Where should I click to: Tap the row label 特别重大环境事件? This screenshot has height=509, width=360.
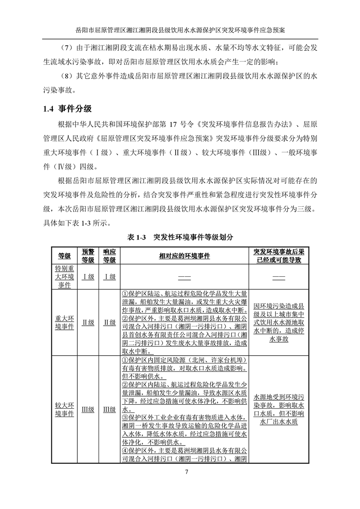pos(64,276)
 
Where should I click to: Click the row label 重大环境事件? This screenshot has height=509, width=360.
pos(64,322)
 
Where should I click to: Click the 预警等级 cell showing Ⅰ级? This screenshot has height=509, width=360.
pos(88,277)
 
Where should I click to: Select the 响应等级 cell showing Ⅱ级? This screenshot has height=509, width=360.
pos(109,322)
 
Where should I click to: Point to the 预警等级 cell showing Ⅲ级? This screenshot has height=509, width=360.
pos(88,409)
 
